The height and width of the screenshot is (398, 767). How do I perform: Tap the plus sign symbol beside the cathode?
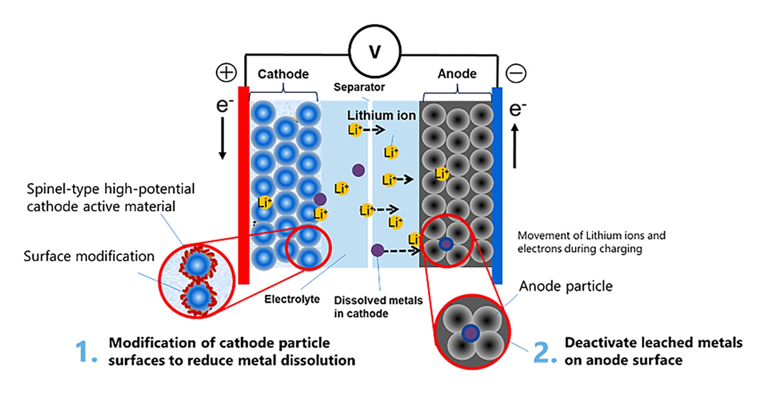(x=226, y=73)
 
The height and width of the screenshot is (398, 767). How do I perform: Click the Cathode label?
(x=283, y=74)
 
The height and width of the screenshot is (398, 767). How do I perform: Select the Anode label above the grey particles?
(x=457, y=74)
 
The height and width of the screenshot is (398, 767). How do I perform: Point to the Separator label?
(x=359, y=87)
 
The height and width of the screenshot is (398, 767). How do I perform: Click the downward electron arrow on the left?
(x=223, y=142)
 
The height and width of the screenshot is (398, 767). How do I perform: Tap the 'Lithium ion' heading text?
(x=382, y=115)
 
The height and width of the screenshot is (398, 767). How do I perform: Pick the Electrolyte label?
(x=292, y=299)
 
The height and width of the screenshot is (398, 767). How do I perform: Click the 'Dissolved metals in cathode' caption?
(x=378, y=307)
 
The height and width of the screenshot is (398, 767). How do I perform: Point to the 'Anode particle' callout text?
(x=566, y=286)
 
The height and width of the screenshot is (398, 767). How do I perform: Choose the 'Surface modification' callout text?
(x=89, y=256)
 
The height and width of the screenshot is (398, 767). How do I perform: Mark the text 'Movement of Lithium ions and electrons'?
(x=591, y=242)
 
